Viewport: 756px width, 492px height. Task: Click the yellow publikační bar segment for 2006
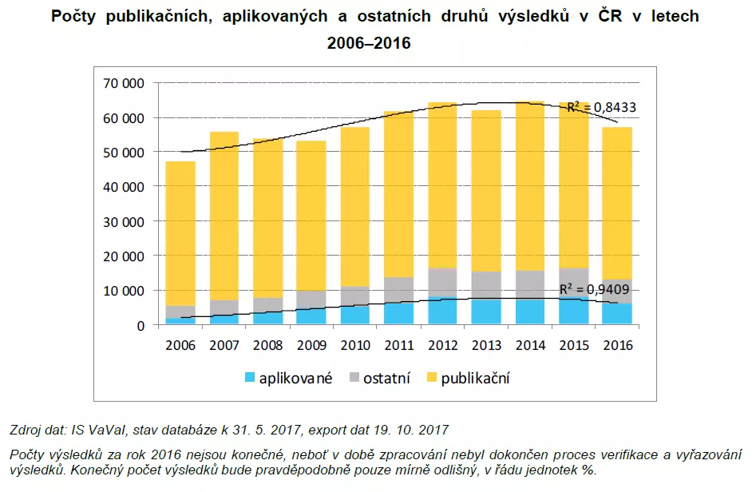pyautogui.click(x=180, y=232)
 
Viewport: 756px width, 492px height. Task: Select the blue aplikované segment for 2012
pyautogui.click(x=442, y=311)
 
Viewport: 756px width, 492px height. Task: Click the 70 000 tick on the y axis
pyautogui.click(x=122, y=83)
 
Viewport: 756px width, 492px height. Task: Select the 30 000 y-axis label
pyautogui.click(x=122, y=221)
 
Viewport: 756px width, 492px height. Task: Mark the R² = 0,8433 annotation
pyautogui.click(x=601, y=108)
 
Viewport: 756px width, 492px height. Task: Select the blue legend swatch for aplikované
pyautogui.click(x=248, y=378)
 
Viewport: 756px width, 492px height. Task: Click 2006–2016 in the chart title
pyautogui.click(x=369, y=43)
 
